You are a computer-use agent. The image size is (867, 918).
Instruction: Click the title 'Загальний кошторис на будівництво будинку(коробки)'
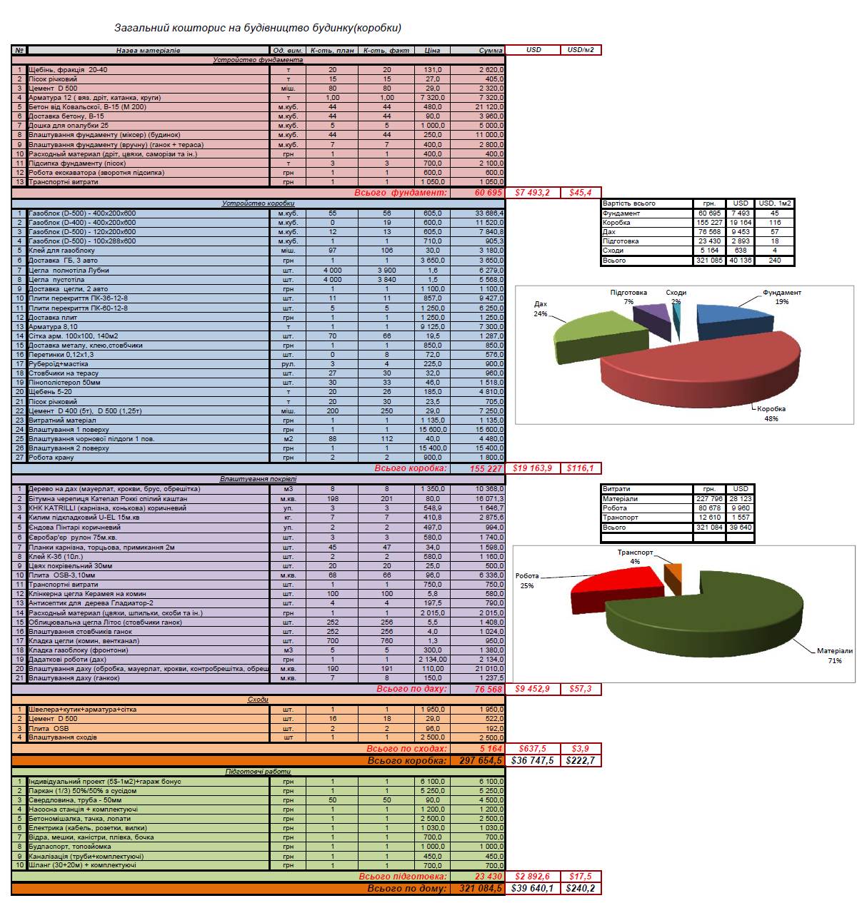coord(258,28)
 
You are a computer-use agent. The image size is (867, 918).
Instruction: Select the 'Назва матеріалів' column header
coord(149,51)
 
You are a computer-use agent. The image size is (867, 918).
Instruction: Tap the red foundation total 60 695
coord(488,193)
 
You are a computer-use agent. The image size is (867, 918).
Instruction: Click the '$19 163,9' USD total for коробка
coord(533,468)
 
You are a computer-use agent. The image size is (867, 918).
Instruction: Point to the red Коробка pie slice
coord(700,378)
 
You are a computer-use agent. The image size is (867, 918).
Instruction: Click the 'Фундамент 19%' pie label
coord(782,297)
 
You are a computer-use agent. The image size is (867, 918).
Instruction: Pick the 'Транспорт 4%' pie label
coord(635,557)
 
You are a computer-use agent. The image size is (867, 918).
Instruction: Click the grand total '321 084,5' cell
coord(478,889)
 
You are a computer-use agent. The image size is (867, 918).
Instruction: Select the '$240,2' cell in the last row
coord(581,889)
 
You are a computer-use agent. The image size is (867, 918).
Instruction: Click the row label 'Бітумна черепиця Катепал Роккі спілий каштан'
coord(108,498)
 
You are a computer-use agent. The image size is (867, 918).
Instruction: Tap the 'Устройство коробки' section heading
coord(258,203)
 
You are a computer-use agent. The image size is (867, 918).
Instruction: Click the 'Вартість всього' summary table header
coord(628,203)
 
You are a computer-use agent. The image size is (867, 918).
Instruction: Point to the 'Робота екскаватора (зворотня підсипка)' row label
coord(96,173)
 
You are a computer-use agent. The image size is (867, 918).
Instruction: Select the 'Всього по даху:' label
coord(411,689)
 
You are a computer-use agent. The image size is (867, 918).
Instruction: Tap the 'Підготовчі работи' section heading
coord(258,772)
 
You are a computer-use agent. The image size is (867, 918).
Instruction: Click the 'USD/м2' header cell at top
coord(581,50)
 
